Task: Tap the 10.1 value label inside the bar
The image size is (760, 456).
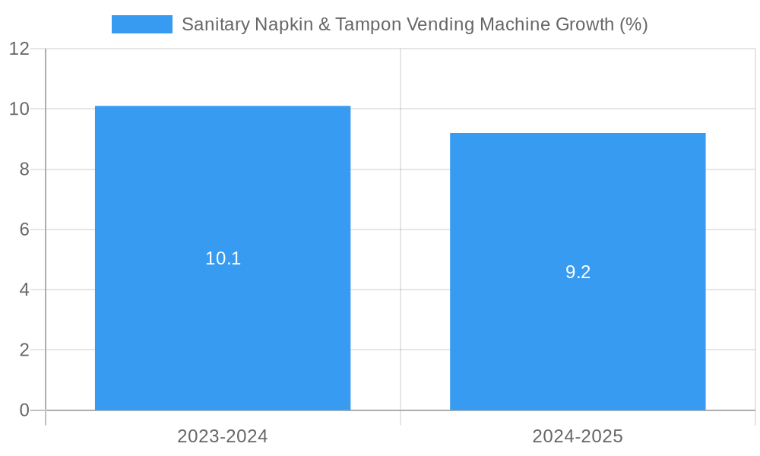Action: click(x=223, y=258)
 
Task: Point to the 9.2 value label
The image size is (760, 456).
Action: click(x=578, y=272)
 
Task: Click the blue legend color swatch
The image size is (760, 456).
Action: click(x=141, y=24)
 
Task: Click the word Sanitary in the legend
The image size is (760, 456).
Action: click(x=216, y=24)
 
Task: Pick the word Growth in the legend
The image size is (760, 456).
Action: click(x=584, y=24)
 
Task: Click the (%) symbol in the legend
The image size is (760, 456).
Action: click(x=634, y=24)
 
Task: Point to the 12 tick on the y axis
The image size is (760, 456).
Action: click(x=19, y=49)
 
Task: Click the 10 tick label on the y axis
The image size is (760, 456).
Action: click(x=19, y=109)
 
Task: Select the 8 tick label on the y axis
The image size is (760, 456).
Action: click(x=24, y=169)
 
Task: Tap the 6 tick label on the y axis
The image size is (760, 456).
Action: click(x=24, y=230)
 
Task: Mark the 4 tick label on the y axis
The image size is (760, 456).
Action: click(x=24, y=290)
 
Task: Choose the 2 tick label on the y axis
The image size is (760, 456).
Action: click(x=24, y=350)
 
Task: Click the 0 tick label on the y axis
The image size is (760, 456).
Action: click(x=24, y=410)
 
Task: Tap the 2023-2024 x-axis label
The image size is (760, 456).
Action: click(x=223, y=436)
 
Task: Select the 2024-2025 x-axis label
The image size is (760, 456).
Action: click(x=578, y=436)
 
